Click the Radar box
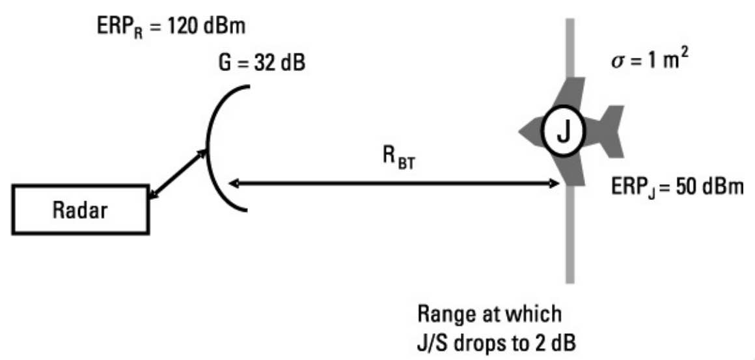pyautogui.click(x=81, y=210)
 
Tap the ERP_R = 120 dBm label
pyautogui.click(x=171, y=28)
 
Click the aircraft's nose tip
pyautogui.click(x=521, y=133)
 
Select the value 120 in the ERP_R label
pyautogui.click(x=189, y=28)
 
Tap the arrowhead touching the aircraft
pyautogui.click(x=555, y=184)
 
